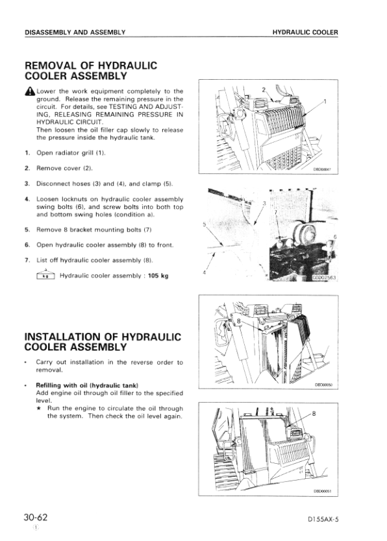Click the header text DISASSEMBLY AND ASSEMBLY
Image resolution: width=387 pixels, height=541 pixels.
click(x=74, y=32)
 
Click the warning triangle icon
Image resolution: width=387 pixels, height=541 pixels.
click(x=29, y=91)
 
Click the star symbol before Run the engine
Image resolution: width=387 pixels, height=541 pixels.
click(x=40, y=408)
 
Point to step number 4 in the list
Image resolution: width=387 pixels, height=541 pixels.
click(x=27, y=199)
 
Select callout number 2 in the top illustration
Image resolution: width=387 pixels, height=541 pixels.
click(x=263, y=89)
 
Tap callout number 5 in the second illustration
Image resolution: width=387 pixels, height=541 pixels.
click(x=206, y=225)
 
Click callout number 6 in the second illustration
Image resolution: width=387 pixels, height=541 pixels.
click(x=334, y=238)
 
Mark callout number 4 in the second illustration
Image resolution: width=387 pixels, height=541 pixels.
click(x=205, y=272)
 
